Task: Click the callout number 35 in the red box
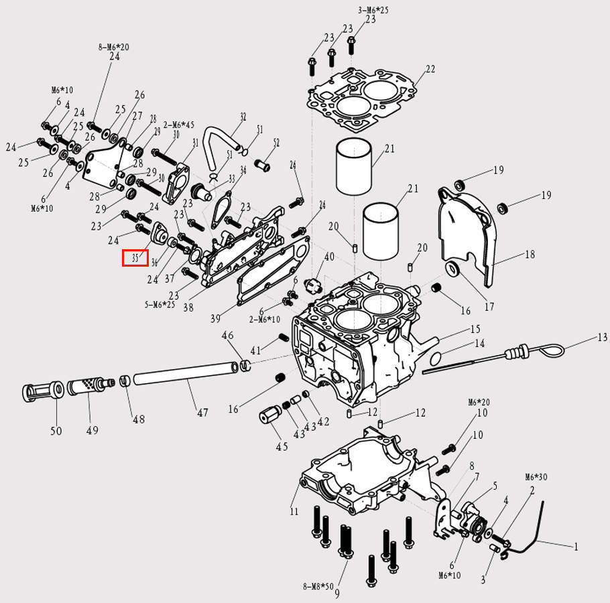tap(135, 257)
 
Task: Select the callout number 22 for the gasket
tap(430, 69)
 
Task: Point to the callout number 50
tap(56, 430)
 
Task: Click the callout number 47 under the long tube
tap(202, 413)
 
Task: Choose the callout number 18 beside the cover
tap(530, 255)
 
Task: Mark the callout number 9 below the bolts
tap(337, 594)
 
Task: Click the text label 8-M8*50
tap(318, 586)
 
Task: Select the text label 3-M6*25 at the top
tap(373, 9)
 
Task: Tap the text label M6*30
tap(536, 477)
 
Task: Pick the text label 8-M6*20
tap(114, 47)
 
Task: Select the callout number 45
tap(282, 447)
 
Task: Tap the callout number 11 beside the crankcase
tap(294, 512)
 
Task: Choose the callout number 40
tap(328, 257)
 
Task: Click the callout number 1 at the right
tap(575, 547)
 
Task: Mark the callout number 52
tap(276, 143)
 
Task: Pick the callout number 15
tap(475, 329)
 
